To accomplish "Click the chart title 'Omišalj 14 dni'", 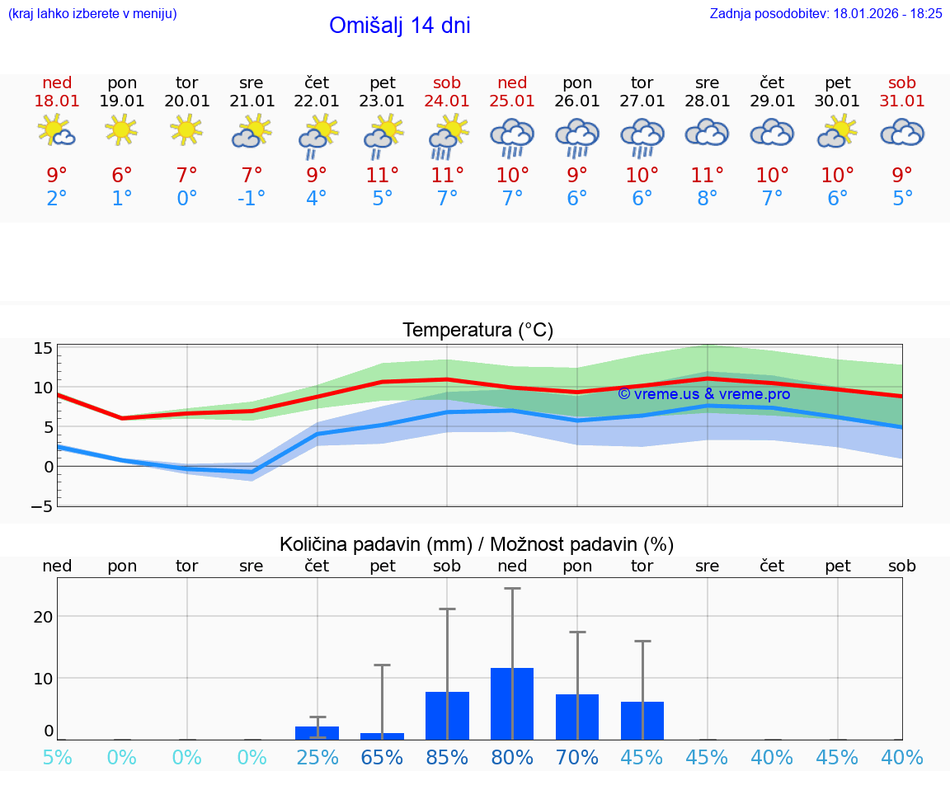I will pos(400,26).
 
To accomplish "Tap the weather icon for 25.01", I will pos(512,138).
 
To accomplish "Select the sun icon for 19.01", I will pos(121,129).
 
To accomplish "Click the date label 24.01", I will pos(447,101).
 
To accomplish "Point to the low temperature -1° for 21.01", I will pos(252,199).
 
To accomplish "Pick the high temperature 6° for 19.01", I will pos(122,176).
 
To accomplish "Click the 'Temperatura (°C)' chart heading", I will pos(477,330).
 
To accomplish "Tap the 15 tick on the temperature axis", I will pos(44,348).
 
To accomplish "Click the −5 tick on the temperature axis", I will pos(42,505).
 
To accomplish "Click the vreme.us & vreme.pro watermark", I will pos(704,394).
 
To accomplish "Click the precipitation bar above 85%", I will pos(447,715).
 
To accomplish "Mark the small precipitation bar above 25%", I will pos(317,732).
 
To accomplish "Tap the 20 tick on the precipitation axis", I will pos(43,616).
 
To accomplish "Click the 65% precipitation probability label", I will pos(382,757).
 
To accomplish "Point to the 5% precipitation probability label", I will pos(57,757).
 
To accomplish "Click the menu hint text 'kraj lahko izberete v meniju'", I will pos(92,13).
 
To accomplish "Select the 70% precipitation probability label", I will pos(577,757).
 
